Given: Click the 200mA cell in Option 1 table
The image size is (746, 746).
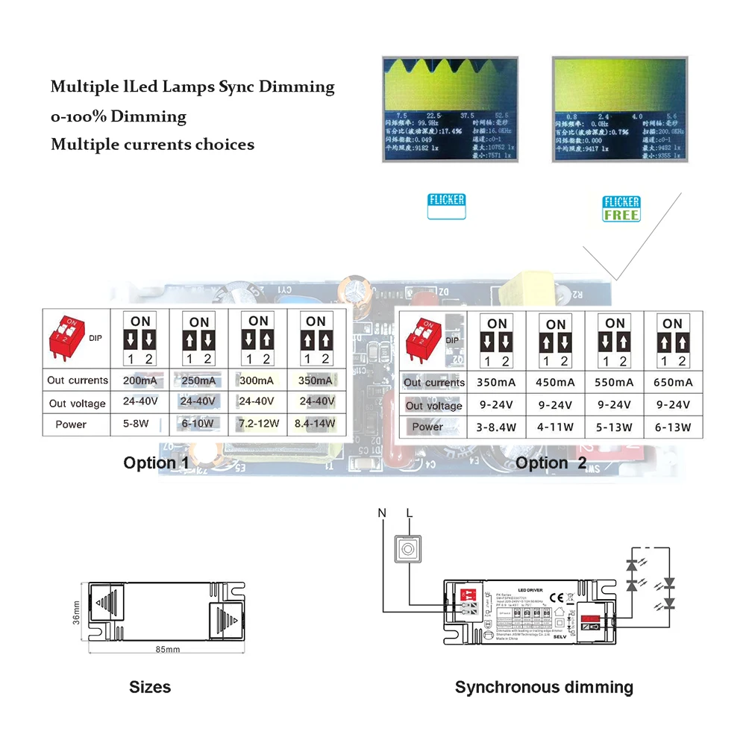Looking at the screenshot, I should click(140, 380).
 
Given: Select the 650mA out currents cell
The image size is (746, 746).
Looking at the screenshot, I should click(672, 383).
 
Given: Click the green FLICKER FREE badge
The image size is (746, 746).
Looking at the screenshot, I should click(621, 208).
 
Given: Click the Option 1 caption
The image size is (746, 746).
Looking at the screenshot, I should click(156, 463).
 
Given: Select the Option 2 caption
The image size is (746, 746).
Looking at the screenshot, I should click(551, 463).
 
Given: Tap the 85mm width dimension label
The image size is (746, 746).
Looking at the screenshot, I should click(168, 650).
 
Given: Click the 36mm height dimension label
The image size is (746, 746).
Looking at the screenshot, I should click(76, 612).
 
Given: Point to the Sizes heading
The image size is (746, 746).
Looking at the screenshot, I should click(150, 687).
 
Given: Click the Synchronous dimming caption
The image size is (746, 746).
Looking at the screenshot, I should click(544, 687).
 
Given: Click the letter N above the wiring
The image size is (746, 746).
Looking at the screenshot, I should click(382, 513).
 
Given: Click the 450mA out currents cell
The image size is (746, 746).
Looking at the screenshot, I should click(555, 383).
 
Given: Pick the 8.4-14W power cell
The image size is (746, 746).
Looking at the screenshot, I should click(316, 424).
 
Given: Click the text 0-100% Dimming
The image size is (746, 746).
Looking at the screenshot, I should click(119, 116).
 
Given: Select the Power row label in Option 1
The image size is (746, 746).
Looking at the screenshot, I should click(71, 424).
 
